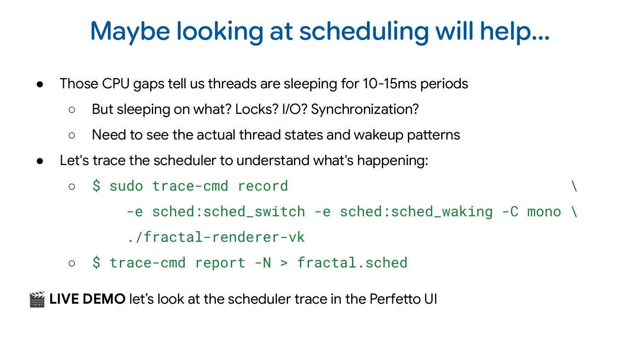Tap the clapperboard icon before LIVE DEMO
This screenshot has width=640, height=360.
point(37,299)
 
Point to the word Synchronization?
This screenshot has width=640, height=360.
point(365,109)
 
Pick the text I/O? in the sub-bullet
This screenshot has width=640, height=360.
point(295,109)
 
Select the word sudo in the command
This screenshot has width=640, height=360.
point(126,186)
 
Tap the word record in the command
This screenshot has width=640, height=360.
point(262,186)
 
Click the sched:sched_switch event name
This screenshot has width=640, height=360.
point(228,212)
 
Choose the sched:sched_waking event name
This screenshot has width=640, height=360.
point(416,212)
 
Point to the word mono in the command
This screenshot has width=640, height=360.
point(544,212)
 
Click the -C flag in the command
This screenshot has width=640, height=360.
point(510,212)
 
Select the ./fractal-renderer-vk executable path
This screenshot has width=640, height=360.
point(215,237)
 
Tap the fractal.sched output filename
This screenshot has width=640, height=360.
point(352,263)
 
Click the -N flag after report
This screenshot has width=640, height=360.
point(262,263)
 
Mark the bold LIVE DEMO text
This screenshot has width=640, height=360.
point(87,299)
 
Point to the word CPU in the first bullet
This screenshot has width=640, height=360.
point(116,84)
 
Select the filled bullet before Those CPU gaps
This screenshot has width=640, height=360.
point(40,84)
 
